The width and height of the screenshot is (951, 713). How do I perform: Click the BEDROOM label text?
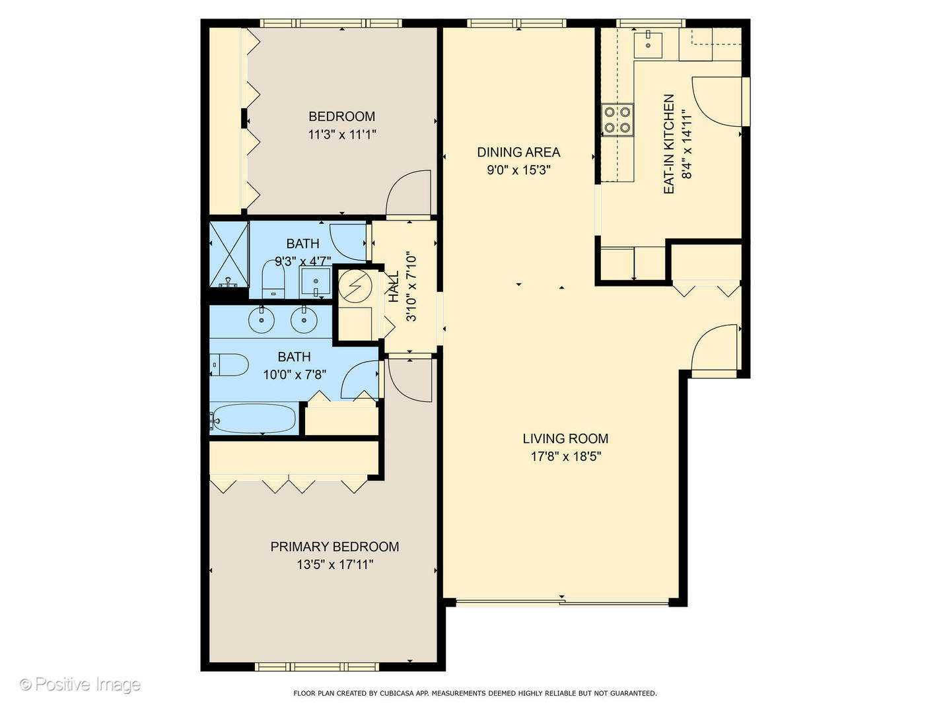click(341, 116)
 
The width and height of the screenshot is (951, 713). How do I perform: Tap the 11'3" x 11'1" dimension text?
click(341, 135)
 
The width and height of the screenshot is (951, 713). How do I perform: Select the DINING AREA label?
click(518, 153)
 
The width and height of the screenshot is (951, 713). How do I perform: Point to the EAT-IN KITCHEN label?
click(669, 144)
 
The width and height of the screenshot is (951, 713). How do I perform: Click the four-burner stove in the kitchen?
click(617, 120)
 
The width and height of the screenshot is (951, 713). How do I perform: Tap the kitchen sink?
click(648, 45)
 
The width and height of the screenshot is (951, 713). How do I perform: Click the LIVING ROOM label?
click(565, 438)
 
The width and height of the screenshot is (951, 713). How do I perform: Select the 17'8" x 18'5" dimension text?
click(565, 456)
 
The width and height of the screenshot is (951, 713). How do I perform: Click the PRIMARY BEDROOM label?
click(334, 547)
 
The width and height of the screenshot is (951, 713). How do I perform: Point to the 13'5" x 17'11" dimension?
click(334, 564)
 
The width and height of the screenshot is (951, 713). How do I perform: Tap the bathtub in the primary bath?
click(254, 419)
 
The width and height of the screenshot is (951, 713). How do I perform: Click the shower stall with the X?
click(229, 254)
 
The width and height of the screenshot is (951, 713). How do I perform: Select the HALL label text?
click(394, 287)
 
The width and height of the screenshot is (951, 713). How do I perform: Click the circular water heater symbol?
click(355, 287)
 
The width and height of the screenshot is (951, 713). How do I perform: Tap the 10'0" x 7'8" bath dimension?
click(295, 374)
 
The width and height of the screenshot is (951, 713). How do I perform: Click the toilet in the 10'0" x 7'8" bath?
click(229, 364)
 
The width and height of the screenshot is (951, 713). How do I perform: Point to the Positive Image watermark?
click(80, 685)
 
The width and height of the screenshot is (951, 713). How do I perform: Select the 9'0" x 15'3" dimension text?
click(518, 170)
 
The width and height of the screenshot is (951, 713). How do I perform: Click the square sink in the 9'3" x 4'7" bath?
click(316, 282)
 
